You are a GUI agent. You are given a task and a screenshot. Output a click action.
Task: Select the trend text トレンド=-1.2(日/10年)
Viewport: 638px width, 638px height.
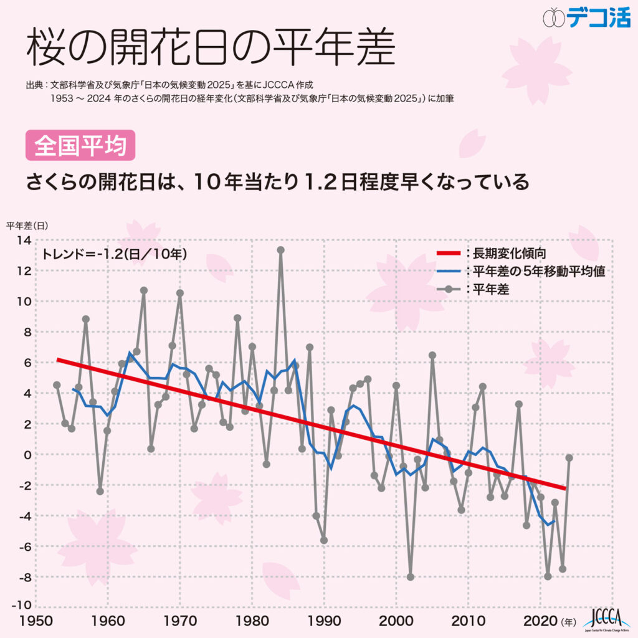[x=115, y=254]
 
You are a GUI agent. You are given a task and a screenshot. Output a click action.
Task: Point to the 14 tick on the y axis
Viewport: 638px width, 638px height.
[x=23, y=240]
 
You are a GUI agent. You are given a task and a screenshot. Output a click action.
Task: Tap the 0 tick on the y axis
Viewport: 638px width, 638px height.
[x=27, y=454]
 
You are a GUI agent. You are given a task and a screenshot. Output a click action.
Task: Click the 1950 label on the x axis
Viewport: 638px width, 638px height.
[x=36, y=621]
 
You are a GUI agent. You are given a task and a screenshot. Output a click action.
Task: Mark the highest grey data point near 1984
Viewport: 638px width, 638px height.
[x=281, y=250]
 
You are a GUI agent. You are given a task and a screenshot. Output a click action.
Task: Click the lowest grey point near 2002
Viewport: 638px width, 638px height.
[x=411, y=577]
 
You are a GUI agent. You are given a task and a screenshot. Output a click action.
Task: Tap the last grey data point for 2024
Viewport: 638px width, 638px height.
[x=569, y=458]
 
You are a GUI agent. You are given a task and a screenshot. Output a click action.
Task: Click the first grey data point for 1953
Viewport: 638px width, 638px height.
[x=57, y=385]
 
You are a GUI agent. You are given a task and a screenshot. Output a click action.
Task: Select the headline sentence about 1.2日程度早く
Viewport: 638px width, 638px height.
[x=277, y=183]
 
